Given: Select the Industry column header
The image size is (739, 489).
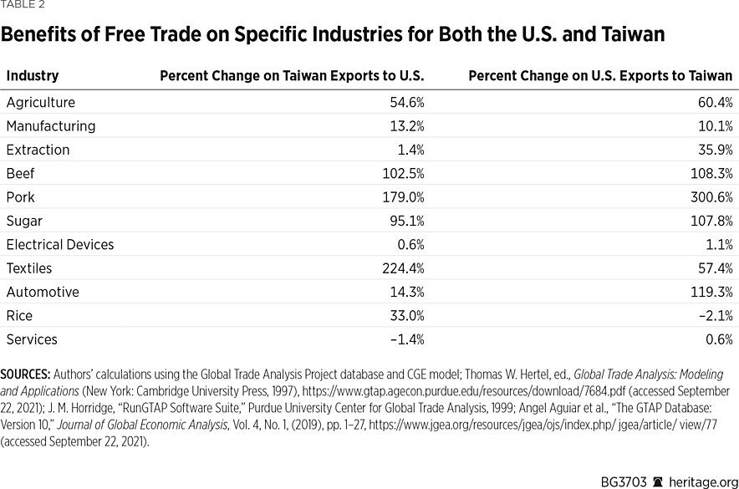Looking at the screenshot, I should pyautogui.click(x=33, y=76).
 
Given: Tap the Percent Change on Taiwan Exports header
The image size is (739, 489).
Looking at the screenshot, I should pyautogui.click(x=292, y=76).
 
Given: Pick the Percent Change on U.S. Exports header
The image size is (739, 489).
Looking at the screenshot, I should pyautogui.click(x=600, y=76).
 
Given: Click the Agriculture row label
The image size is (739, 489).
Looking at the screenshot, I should pyautogui.click(x=40, y=103).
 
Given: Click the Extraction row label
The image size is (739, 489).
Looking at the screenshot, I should pyautogui.click(x=38, y=150).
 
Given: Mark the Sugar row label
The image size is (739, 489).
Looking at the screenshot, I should pyautogui.click(x=24, y=222).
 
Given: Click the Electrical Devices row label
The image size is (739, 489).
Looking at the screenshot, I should pyautogui.click(x=60, y=245).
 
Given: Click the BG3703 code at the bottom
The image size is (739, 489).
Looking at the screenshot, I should pyautogui.click(x=624, y=481).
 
